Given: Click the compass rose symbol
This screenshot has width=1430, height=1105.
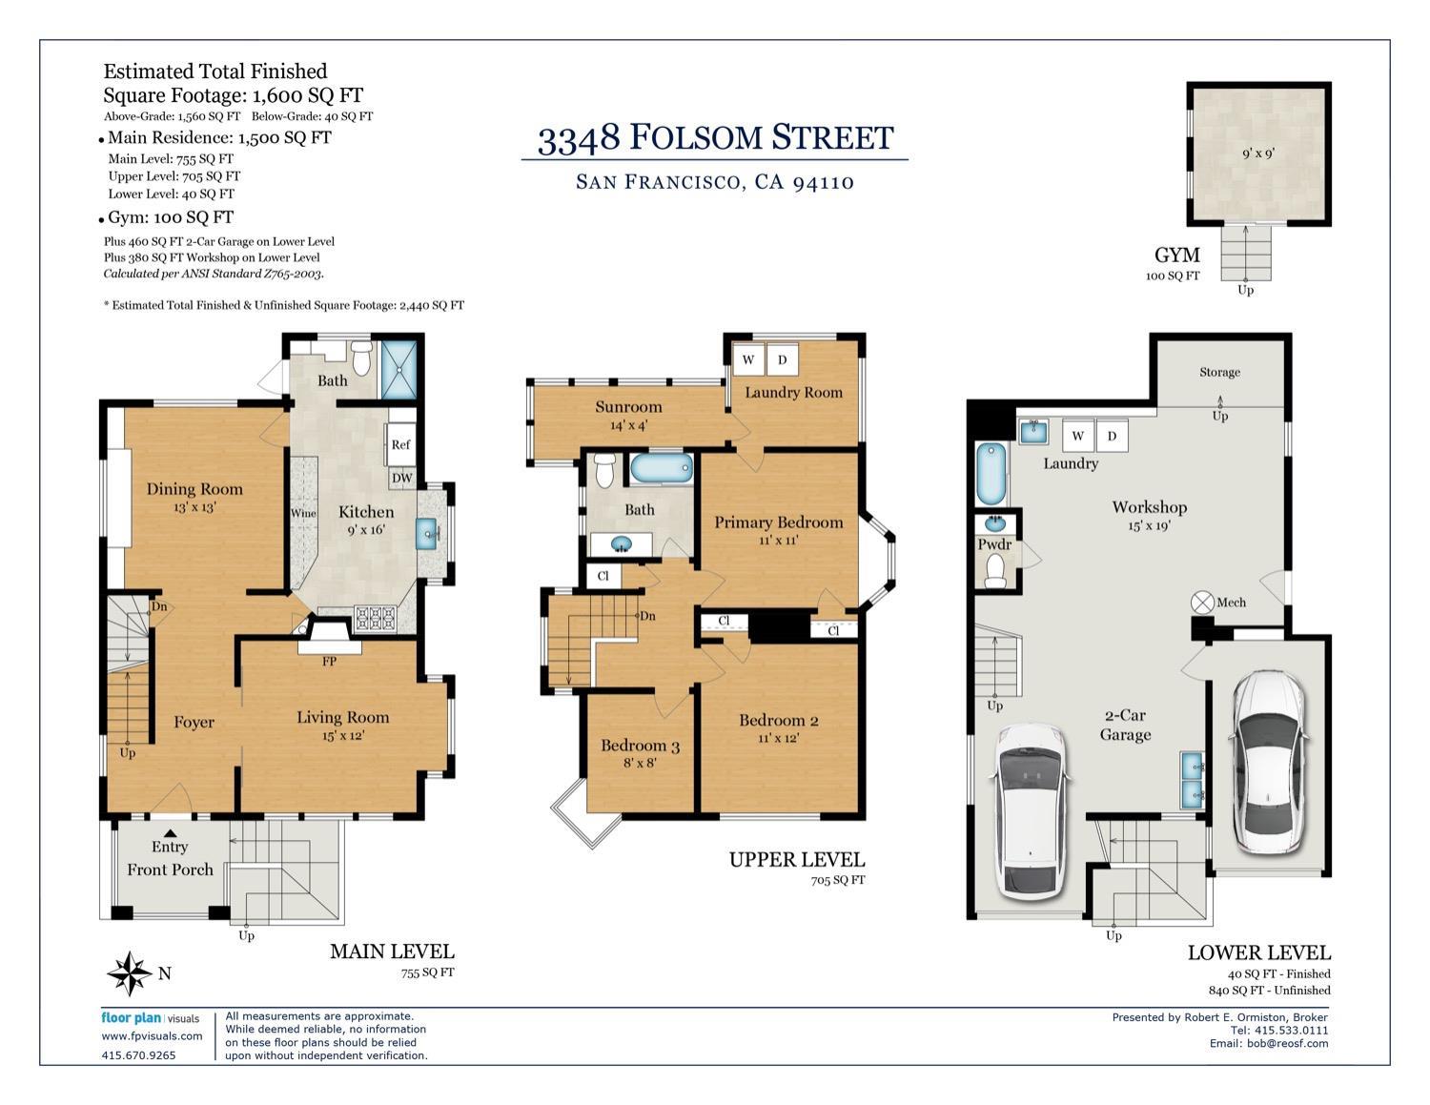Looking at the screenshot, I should (x=129, y=973).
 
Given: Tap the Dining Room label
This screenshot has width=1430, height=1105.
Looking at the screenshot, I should (x=194, y=489).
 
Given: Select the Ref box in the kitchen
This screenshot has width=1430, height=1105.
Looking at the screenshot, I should (x=400, y=444).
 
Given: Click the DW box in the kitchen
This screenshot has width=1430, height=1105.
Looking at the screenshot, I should (x=401, y=479).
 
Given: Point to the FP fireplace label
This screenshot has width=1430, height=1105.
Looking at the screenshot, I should (x=329, y=661).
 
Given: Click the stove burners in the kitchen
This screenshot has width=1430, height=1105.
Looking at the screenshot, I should (x=375, y=618).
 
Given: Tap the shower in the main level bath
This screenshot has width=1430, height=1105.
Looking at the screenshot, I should (x=399, y=369).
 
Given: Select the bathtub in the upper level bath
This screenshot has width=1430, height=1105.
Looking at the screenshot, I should (x=662, y=469).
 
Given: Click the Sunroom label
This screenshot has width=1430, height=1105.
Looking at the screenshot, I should (x=628, y=407).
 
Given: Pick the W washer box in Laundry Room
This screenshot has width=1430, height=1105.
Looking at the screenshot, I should (x=748, y=359).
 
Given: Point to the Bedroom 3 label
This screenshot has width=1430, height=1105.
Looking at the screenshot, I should (x=640, y=746).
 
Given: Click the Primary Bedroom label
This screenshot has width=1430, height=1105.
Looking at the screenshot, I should (x=778, y=522).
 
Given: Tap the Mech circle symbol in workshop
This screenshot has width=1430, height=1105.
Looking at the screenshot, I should (x=1202, y=603).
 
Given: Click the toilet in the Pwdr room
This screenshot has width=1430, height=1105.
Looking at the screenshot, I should (x=996, y=571).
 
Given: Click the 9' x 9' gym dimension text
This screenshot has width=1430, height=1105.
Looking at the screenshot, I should (x=1257, y=153).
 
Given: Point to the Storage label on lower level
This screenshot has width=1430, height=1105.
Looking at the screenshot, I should (x=1219, y=372).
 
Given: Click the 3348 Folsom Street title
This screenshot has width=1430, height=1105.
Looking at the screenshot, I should (x=715, y=138).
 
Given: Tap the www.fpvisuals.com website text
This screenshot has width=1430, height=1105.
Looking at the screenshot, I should (x=152, y=1036).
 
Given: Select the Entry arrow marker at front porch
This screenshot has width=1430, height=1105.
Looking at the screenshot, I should (x=170, y=832).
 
